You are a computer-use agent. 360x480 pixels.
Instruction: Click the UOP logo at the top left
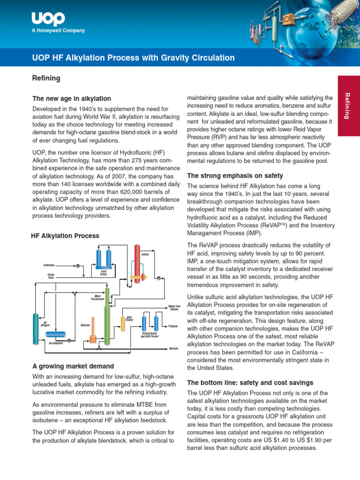tap(48, 19)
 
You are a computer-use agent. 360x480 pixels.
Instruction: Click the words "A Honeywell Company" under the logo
tap(58, 31)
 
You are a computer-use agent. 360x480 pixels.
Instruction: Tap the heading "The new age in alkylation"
tap(71, 99)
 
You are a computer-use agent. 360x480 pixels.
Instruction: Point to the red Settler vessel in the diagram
tap(137, 262)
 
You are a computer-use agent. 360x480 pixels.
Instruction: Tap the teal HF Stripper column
tap(36, 323)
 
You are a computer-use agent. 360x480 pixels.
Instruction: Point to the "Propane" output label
tap(173, 326)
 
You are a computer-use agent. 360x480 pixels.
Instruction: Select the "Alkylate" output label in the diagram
tap(173, 349)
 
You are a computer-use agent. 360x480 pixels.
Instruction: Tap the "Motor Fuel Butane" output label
tap(174, 307)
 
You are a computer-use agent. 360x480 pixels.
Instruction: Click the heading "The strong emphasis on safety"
tap(235, 176)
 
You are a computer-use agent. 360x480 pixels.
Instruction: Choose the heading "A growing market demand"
tap(73, 366)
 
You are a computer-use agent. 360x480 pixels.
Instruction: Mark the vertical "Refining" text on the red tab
tap(347, 106)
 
